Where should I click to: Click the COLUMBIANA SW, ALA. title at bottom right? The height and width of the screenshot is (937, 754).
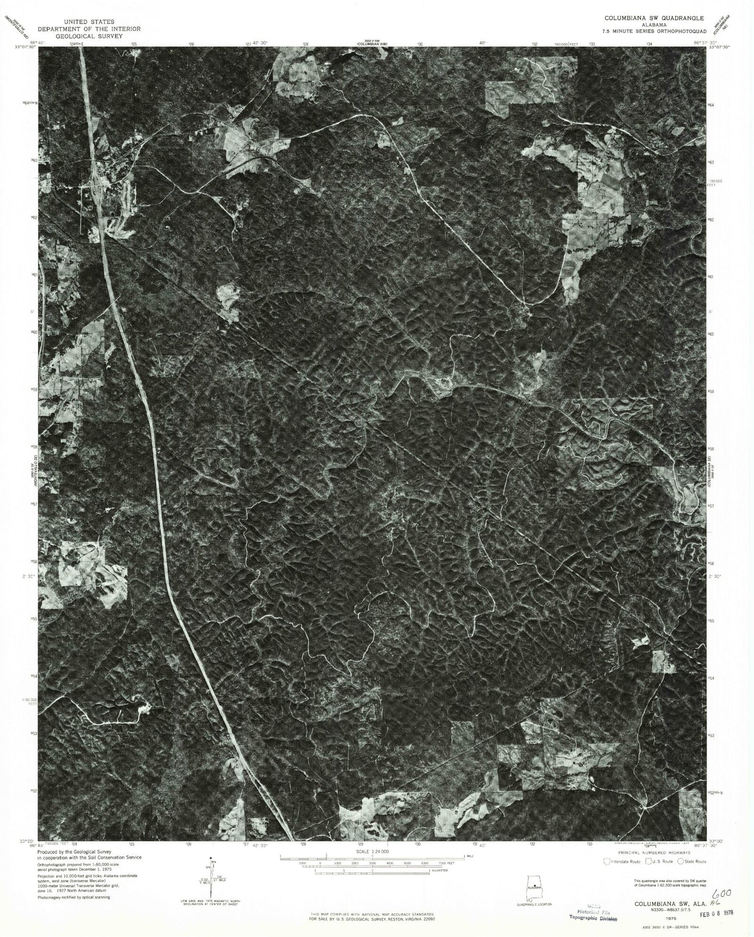(x=663, y=902)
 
